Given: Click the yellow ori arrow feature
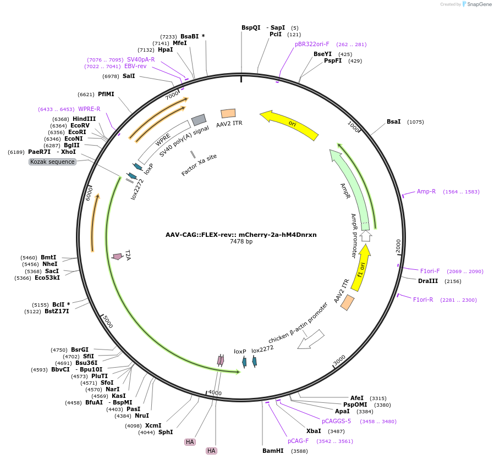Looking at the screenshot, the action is click(x=289, y=124).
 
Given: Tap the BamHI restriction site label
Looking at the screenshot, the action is click(x=273, y=451).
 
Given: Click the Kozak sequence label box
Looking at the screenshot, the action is click(x=52, y=162).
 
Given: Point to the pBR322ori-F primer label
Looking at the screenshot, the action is click(x=312, y=44).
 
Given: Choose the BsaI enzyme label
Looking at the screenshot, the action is click(x=393, y=121).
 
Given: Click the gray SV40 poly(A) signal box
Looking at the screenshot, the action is click(x=199, y=120).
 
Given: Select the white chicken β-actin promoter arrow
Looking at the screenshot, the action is click(x=311, y=340).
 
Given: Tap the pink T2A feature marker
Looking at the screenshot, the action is click(x=118, y=257).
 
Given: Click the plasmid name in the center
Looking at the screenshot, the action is click(x=241, y=235).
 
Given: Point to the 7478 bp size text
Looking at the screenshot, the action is click(x=241, y=241).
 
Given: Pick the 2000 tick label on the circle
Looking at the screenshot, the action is click(x=398, y=246).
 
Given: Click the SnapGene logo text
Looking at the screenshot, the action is click(x=479, y=4).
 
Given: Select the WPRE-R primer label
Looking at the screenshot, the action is click(x=89, y=109).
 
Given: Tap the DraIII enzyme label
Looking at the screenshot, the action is click(x=428, y=281).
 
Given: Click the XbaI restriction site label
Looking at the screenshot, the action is click(x=314, y=431).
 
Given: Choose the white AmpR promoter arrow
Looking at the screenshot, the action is click(x=365, y=236).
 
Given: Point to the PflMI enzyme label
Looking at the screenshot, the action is click(x=106, y=94).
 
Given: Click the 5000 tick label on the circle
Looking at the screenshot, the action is click(x=108, y=322).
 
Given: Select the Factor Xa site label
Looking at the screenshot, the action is click(x=199, y=165).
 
